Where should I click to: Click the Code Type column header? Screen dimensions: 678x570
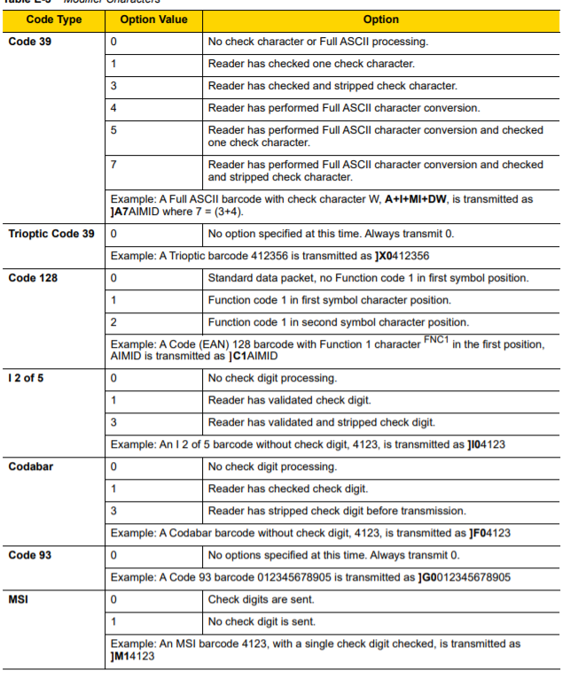tap(53, 19)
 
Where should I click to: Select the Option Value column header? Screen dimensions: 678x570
tap(153, 19)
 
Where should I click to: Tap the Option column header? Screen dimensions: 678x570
tap(380, 19)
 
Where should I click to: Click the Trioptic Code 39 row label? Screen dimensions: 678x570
tap(51, 234)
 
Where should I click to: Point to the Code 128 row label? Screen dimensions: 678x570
tap(33, 278)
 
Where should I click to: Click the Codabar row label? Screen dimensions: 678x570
tap(31, 466)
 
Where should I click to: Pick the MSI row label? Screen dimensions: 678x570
tap(20, 599)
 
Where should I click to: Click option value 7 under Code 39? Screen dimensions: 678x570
tap(113, 165)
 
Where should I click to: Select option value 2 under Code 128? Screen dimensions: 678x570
tap(113, 322)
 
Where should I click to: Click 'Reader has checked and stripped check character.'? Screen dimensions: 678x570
tap(332, 86)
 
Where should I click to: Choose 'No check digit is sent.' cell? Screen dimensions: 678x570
tap(262, 621)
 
